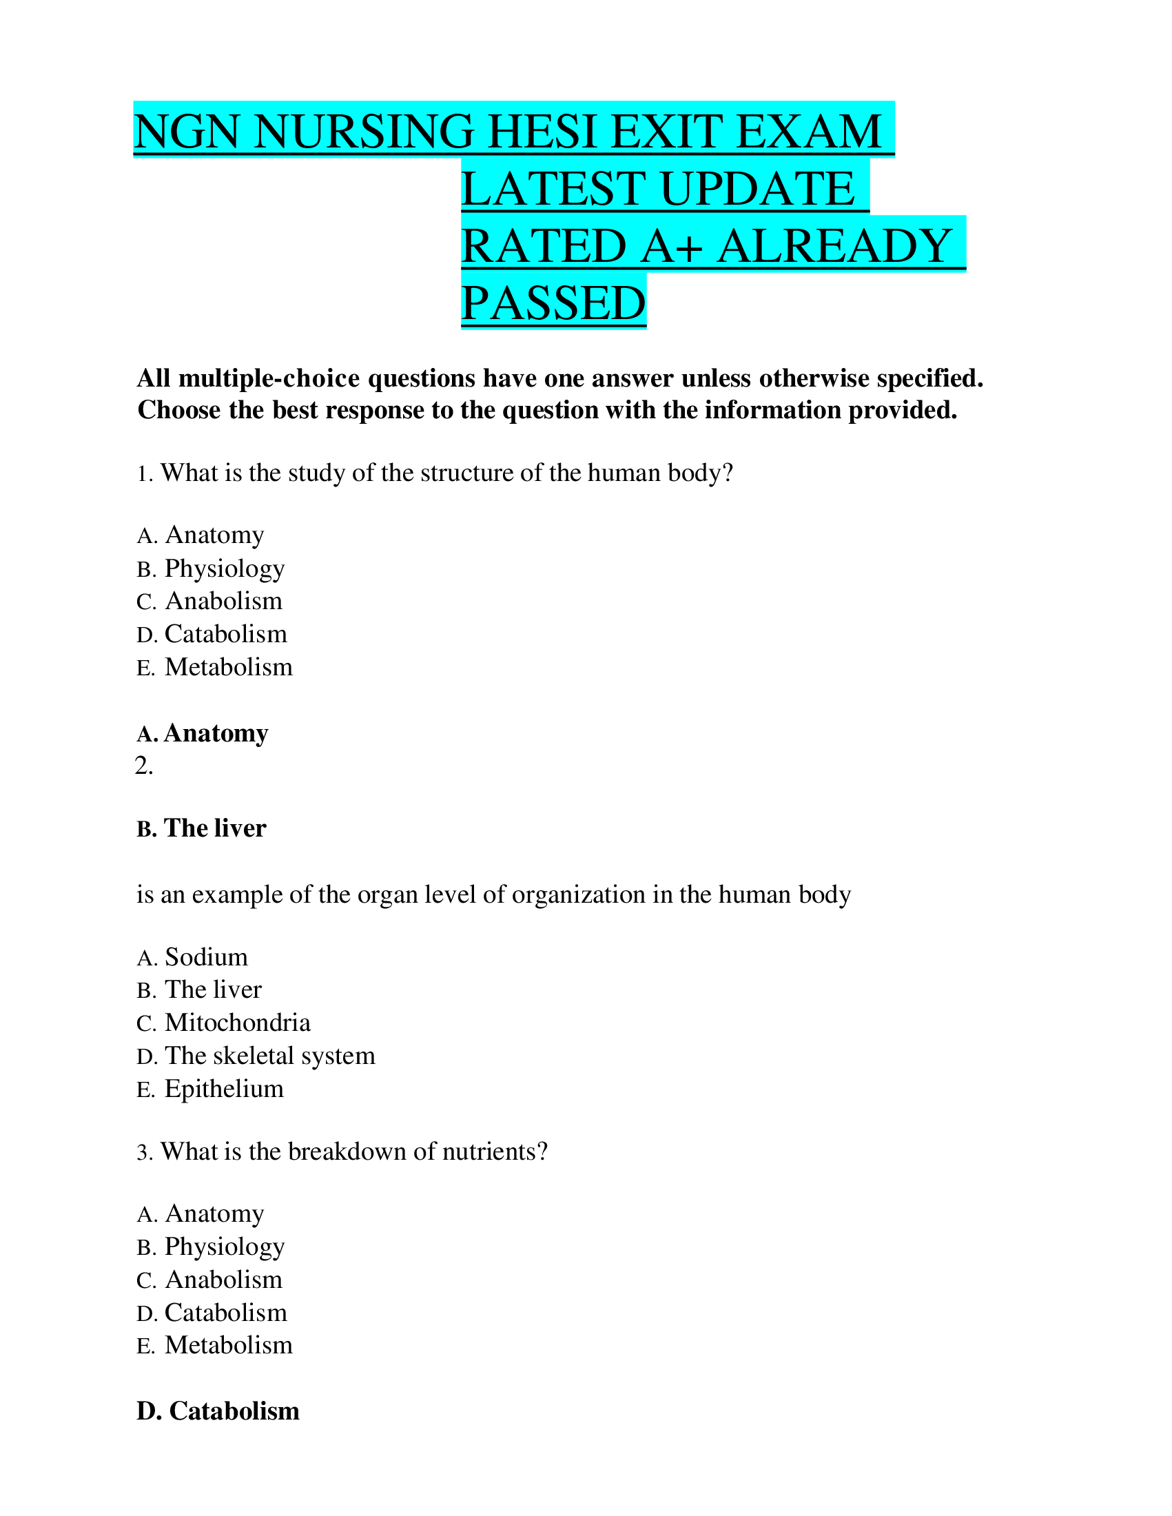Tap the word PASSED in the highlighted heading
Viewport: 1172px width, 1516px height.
[553, 303]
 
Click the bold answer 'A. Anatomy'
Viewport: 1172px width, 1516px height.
[202, 733]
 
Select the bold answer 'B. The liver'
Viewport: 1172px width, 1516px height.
[201, 828]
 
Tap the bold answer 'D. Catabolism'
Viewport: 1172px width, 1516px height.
[218, 1411]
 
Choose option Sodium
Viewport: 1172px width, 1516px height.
[206, 957]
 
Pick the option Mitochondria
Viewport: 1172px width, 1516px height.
[237, 1023]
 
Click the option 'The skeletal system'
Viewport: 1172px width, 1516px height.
[269, 1056]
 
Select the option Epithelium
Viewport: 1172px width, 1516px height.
[224, 1088]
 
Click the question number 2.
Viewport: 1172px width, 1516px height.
[143, 766]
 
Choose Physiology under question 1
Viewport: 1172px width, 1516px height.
[224, 568]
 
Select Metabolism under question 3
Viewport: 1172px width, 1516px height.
[228, 1345]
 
